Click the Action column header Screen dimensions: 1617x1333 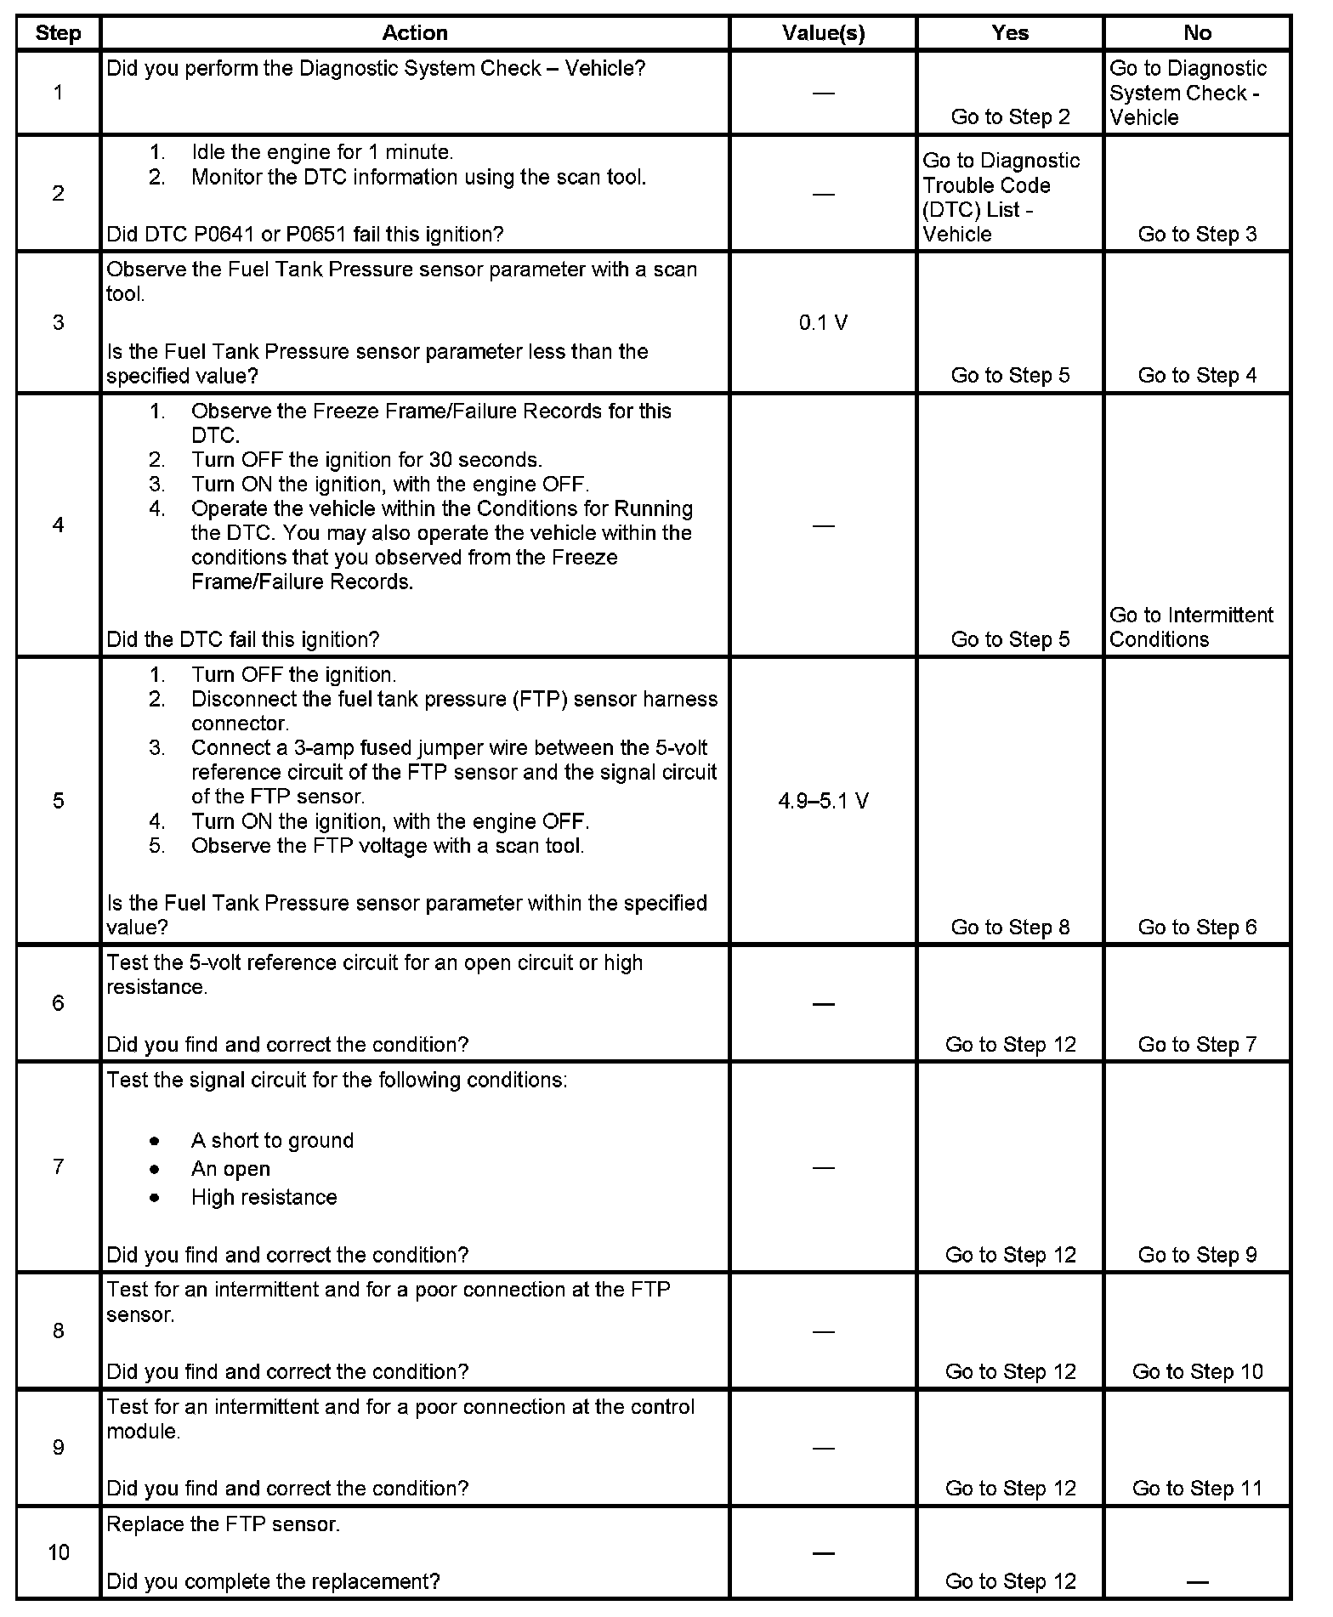coord(414,33)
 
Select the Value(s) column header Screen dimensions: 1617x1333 coord(823,33)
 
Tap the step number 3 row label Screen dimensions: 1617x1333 coord(58,323)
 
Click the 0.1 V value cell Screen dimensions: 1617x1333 coord(823,323)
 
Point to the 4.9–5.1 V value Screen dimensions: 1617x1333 coord(823,801)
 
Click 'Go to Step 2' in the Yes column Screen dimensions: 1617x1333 coord(1010,117)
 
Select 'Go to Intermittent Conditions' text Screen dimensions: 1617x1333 coord(1191,627)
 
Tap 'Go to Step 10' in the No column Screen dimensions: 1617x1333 coord(1197,1371)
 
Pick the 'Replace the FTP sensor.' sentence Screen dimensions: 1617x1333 coord(223,1524)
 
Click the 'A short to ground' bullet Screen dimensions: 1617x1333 coord(272,1141)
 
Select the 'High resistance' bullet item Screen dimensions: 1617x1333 coord(264,1198)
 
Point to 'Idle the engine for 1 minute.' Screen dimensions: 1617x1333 coord(322,152)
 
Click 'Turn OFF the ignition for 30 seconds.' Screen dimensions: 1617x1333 coord(366,460)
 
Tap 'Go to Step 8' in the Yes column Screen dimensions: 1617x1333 coord(1010,928)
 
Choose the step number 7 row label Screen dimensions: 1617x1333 coord(58,1166)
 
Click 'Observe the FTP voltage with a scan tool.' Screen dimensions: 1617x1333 coord(388,846)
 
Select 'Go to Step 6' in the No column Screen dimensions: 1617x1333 coord(1197,928)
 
